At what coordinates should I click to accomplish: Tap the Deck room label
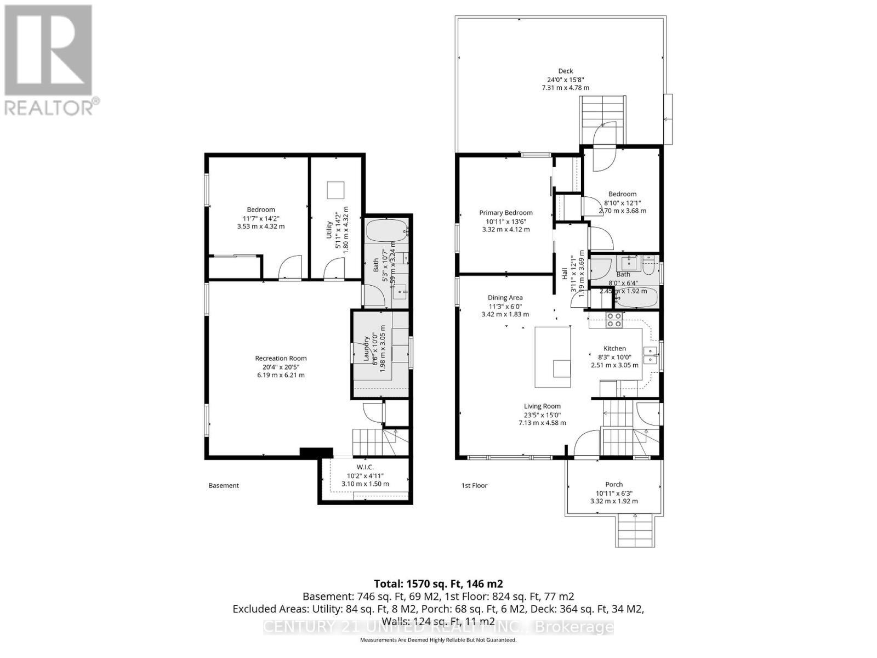tap(565, 71)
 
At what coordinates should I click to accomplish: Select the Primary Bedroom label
tap(505, 213)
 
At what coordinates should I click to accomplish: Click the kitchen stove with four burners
tap(614, 319)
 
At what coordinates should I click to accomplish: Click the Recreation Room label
tap(281, 359)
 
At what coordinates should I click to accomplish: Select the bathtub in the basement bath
tap(386, 231)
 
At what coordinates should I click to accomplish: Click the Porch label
tap(614, 484)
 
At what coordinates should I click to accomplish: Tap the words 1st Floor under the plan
tap(474, 485)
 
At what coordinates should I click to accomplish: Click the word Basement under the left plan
tap(224, 485)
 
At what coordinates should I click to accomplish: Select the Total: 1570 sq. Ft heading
tap(438, 583)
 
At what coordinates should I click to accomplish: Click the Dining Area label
tap(505, 298)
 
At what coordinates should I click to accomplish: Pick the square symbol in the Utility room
tap(336, 190)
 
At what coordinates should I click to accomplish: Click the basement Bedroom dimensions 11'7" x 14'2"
tap(260, 218)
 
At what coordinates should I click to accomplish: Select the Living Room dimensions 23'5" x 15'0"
tap(542, 415)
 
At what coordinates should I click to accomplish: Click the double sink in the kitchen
tap(650, 355)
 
